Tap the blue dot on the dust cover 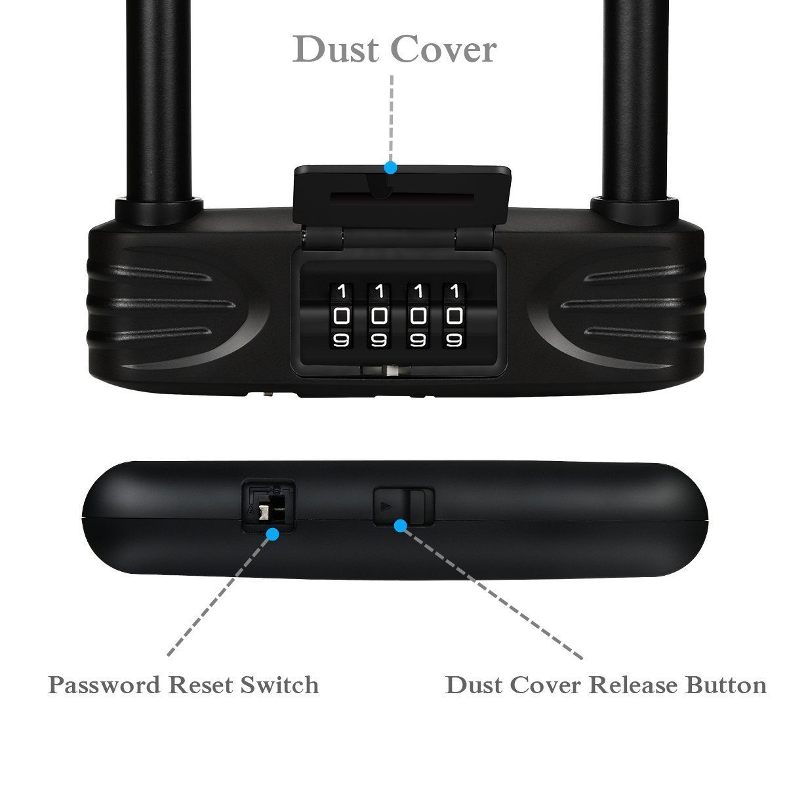391,167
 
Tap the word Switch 279,685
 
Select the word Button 727,685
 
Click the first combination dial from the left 342,316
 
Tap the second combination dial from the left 379,316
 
